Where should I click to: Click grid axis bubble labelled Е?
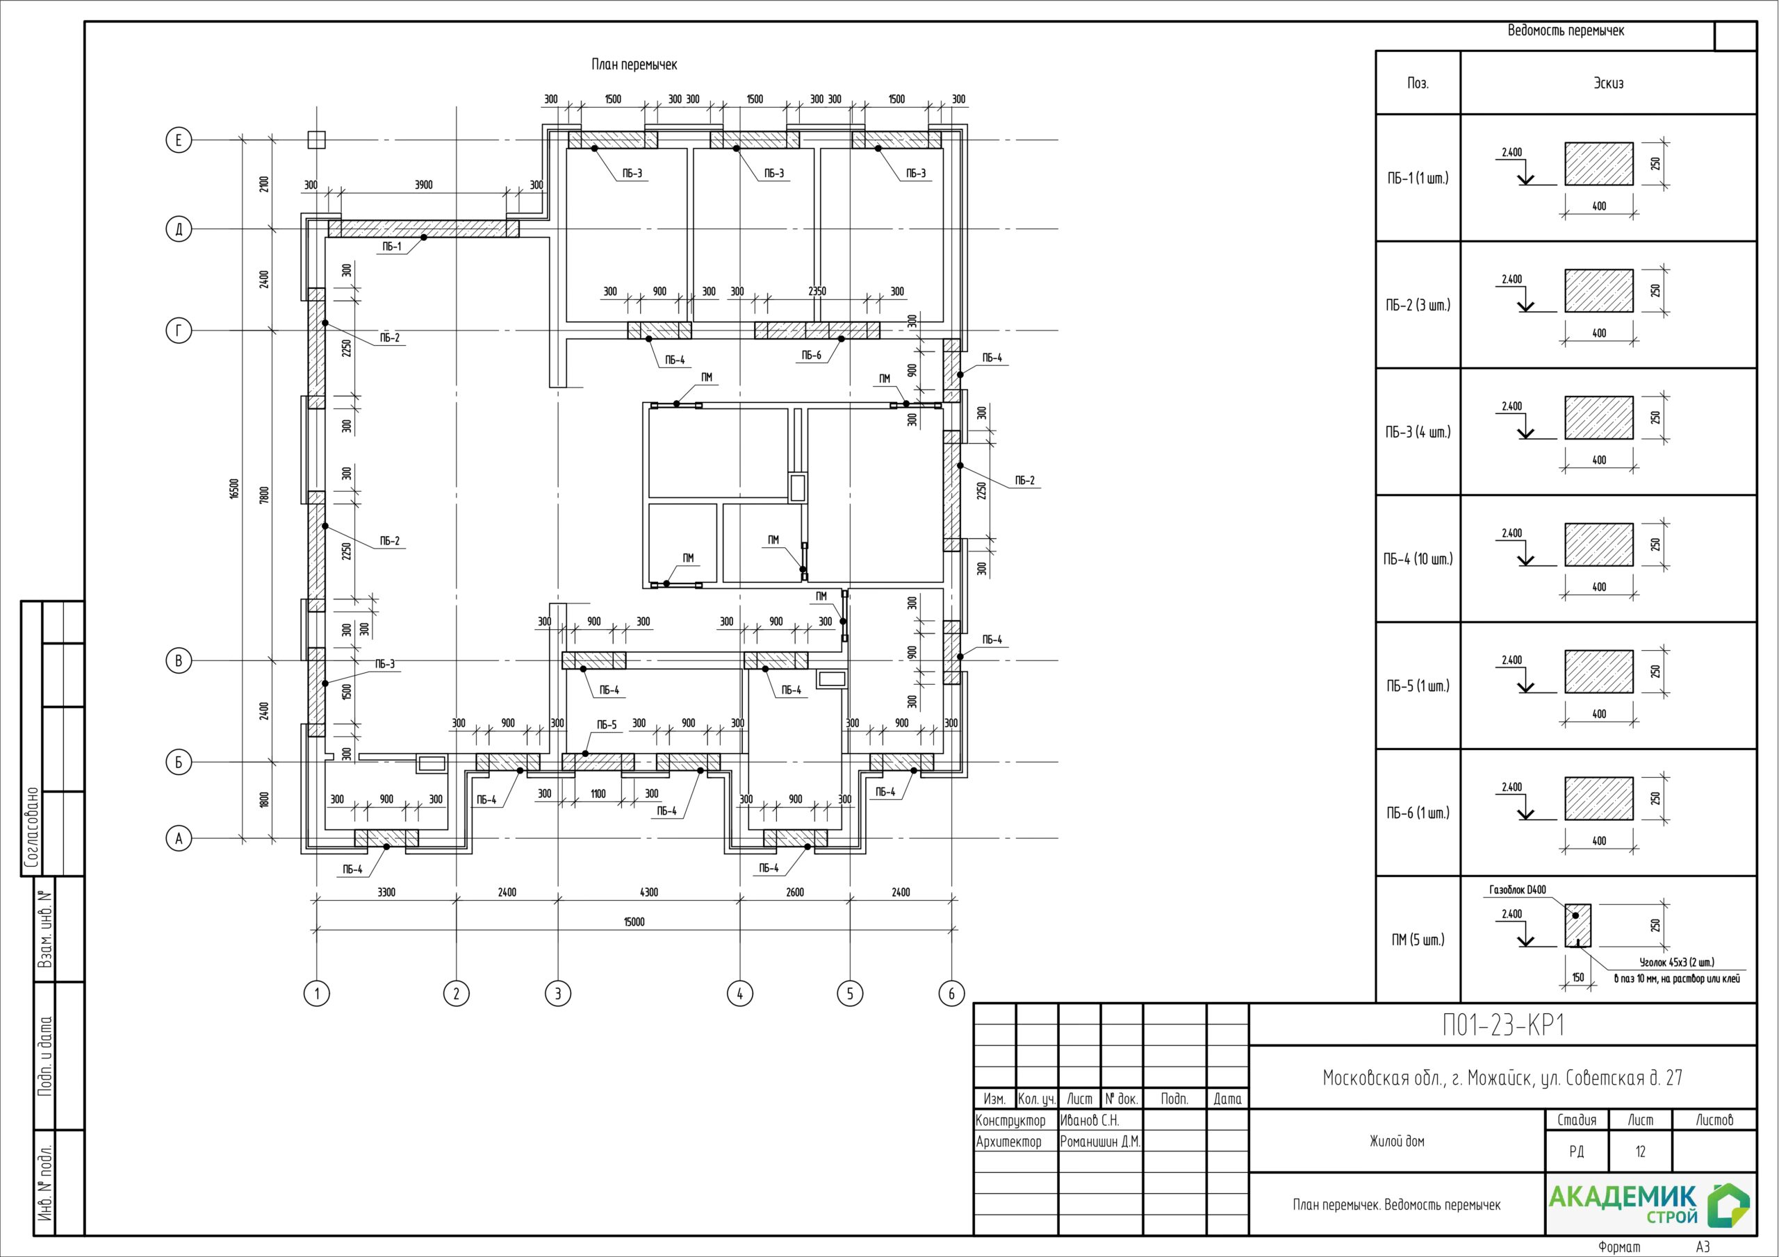[x=179, y=140]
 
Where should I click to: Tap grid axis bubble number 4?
[x=740, y=993]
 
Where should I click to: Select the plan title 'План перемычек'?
[x=634, y=65]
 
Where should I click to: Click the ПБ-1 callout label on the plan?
[x=392, y=247]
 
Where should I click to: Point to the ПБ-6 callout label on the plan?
[x=811, y=356]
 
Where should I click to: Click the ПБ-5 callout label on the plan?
[x=607, y=725]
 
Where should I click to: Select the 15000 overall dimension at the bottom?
[x=634, y=922]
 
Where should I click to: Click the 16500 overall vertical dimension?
[x=235, y=489]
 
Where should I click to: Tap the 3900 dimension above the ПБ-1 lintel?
[x=424, y=185]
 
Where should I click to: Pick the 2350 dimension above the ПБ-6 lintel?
[x=817, y=291]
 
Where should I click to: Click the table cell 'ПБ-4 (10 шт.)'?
[x=1418, y=558]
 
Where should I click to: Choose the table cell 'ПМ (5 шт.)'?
[x=1418, y=940]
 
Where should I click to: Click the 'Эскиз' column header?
[x=1608, y=83]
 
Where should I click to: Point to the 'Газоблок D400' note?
[x=1517, y=890]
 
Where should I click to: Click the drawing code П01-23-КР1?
[x=1502, y=1026]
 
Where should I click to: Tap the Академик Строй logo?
[x=1649, y=1204]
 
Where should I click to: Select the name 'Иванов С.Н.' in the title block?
[x=1090, y=1121]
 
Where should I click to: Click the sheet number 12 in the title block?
[x=1640, y=1151]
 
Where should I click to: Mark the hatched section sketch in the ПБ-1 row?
[x=1598, y=164]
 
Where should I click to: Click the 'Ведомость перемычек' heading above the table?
[x=1566, y=31]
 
